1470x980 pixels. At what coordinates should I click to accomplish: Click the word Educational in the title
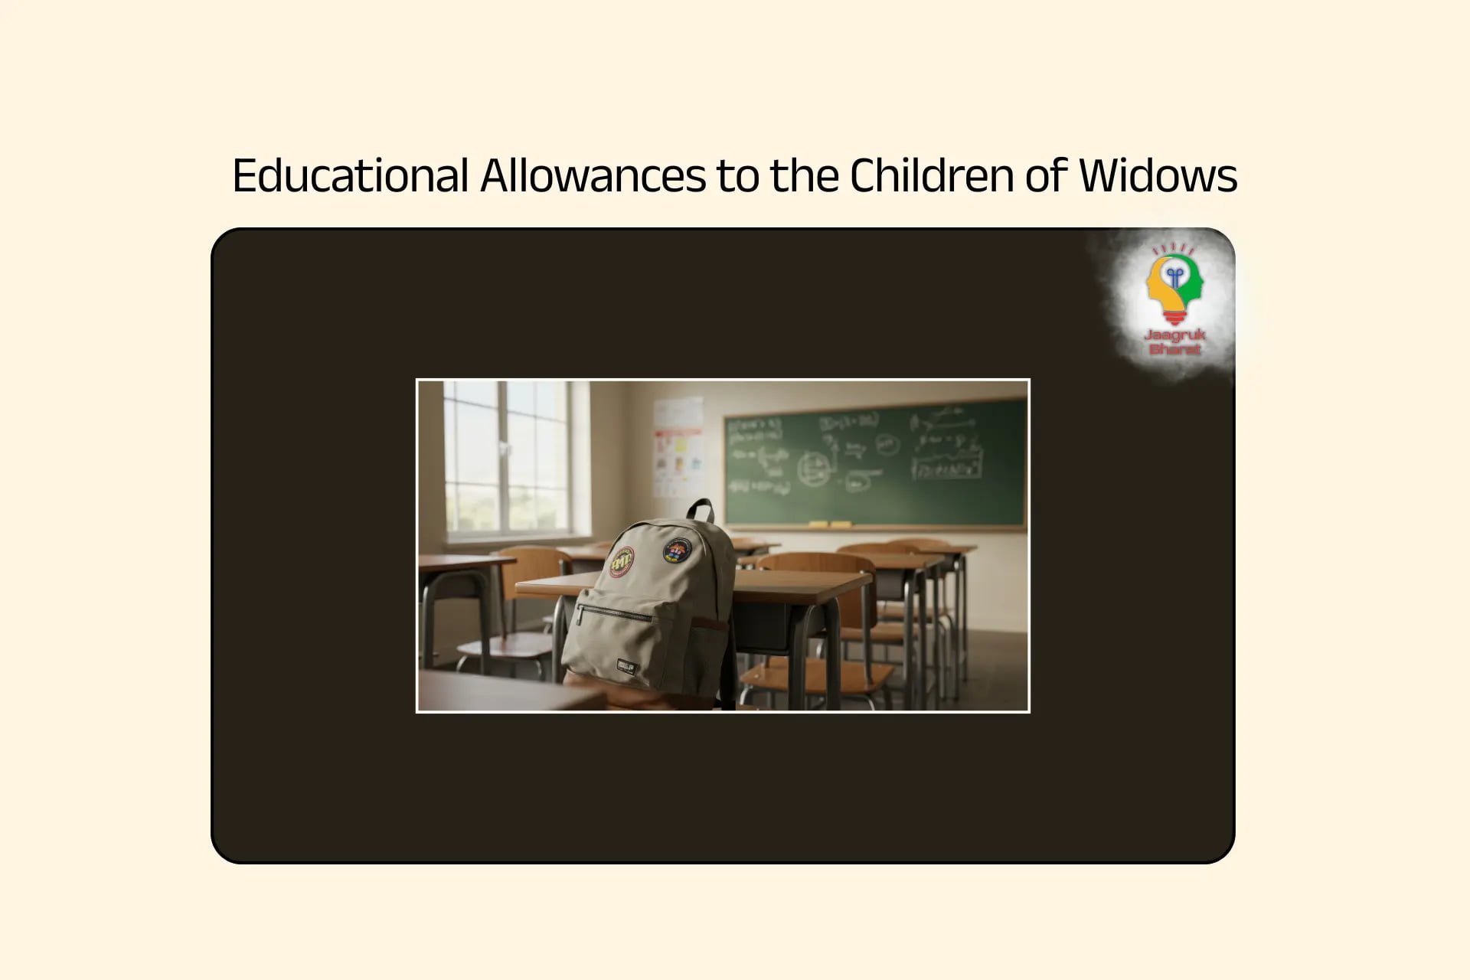click(x=350, y=175)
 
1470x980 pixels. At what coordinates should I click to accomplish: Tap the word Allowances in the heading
click(x=593, y=175)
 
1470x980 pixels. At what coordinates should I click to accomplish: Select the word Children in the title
click(x=932, y=175)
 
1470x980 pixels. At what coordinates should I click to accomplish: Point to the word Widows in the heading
click(x=1158, y=175)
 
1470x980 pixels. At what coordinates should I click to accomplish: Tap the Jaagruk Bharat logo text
click(x=1174, y=342)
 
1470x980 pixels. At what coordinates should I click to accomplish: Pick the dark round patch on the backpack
click(x=677, y=550)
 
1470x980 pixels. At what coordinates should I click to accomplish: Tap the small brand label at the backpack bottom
click(x=627, y=666)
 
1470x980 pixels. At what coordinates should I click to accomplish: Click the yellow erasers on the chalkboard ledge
click(x=830, y=525)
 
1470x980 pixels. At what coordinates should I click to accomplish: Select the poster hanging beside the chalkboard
click(x=678, y=448)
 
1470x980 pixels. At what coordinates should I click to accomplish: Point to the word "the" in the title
click(x=804, y=175)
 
